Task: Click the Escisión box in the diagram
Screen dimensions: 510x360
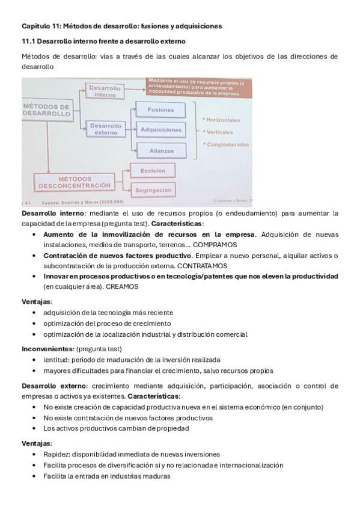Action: pyautogui.click(x=152, y=171)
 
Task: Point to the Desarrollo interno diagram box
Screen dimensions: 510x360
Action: pyautogui.click(x=105, y=90)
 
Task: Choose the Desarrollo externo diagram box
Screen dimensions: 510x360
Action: pyautogui.click(x=106, y=129)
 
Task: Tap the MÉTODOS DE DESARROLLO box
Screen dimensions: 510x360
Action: pyautogui.click(x=46, y=110)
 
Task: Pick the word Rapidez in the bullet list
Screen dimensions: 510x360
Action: pyautogui.click(x=56, y=454)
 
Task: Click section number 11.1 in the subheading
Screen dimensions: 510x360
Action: pyautogui.click(x=28, y=41)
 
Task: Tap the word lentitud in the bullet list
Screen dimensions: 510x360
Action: pyautogui.click(x=56, y=360)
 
